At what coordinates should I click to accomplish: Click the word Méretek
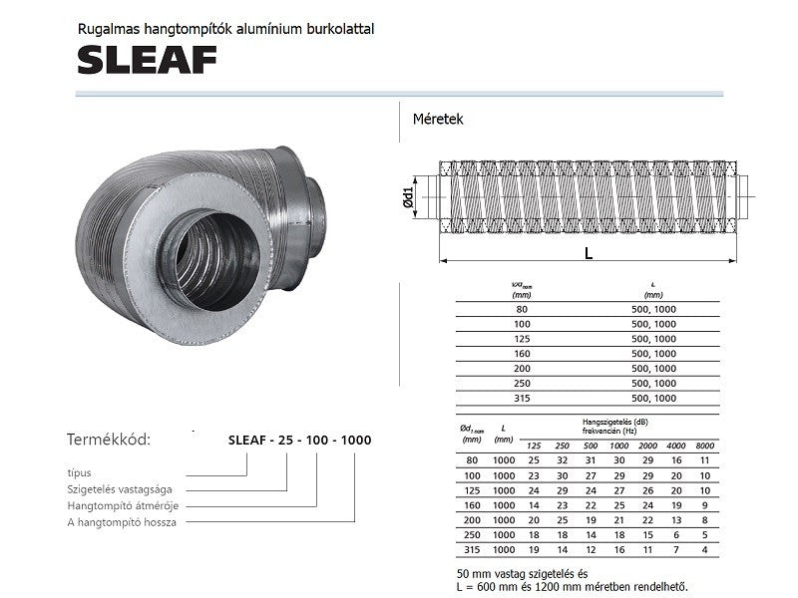click(x=438, y=119)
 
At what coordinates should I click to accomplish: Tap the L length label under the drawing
click(x=589, y=253)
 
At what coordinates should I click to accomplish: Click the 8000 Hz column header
click(x=706, y=445)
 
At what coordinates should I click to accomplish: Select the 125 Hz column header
click(x=534, y=445)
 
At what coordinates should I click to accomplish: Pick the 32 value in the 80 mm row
click(x=562, y=460)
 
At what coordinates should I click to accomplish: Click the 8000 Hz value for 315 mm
click(x=706, y=550)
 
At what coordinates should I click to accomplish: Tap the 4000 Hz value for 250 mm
click(x=677, y=535)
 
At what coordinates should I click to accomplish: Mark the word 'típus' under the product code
click(x=80, y=473)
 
